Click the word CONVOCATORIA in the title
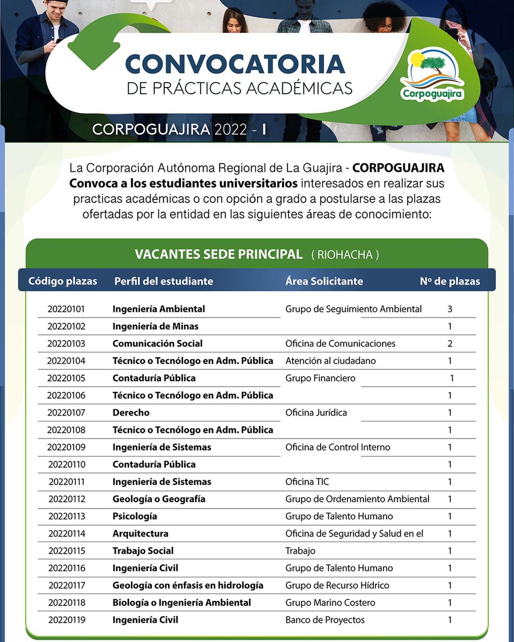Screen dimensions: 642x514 click(235, 64)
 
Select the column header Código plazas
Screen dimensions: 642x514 click(63, 281)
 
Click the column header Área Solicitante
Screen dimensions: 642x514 click(324, 281)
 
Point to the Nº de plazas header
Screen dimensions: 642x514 click(450, 281)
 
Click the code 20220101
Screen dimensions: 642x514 click(66, 309)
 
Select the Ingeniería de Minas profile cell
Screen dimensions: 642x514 click(155, 326)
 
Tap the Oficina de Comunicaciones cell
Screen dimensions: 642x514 click(340, 343)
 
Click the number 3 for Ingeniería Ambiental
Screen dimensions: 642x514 click(450, 309)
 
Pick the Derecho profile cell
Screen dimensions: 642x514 click(131, 412)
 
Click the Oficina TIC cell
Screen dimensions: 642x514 click(307, 481)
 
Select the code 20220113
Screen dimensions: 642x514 click(67, 516)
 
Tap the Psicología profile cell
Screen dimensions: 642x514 click(135, 516)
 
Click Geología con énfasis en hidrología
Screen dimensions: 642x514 click(188, 585)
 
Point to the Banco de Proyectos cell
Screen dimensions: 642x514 click(325, 620)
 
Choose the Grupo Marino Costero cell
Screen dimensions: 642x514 click(330, 602)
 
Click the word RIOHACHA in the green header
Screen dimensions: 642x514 click(345, 255)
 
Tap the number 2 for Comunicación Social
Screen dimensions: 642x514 click(450, 343)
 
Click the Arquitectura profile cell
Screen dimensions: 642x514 click(140, 533)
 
